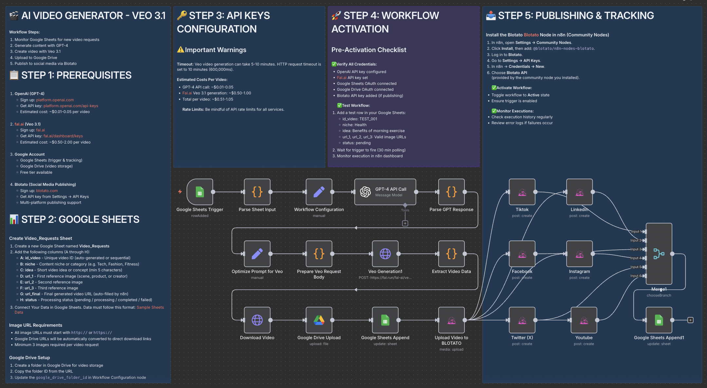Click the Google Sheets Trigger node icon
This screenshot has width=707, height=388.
pos(200,192)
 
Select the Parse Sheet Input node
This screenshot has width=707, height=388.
pos(257,192)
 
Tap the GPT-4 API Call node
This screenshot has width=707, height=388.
pos(385,192)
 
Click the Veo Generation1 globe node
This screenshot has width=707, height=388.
pos(385,254)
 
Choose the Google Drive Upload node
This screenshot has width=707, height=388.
pos(319,320)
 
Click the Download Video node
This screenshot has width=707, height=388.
pos(257,320)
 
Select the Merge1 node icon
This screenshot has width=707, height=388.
pos(659,254)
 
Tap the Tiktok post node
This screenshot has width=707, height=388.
pos(522,192)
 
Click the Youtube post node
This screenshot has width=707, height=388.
pos(584,320)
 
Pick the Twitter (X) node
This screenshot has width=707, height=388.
pos(522,320)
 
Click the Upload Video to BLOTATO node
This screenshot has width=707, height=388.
pos(451,320)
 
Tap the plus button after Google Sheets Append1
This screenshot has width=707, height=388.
pos(690,320)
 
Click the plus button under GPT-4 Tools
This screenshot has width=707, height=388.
pos(405,223)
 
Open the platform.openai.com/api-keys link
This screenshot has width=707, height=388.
pos(71,106)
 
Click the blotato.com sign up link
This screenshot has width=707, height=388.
pos(47,191)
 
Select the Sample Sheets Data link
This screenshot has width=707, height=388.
pos(150,307)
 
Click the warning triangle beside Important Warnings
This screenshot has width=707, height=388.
pos(180,50)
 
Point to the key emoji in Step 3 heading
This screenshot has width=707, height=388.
pos(182,15)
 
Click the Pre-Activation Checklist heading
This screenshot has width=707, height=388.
pos(369,50)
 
